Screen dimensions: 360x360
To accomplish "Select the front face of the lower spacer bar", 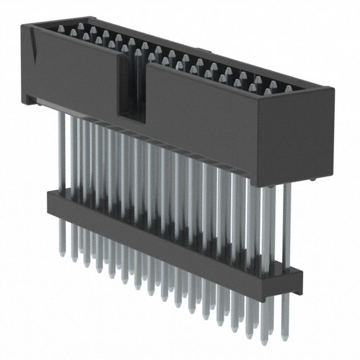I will pyautogui.click(x=169, y=247).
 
